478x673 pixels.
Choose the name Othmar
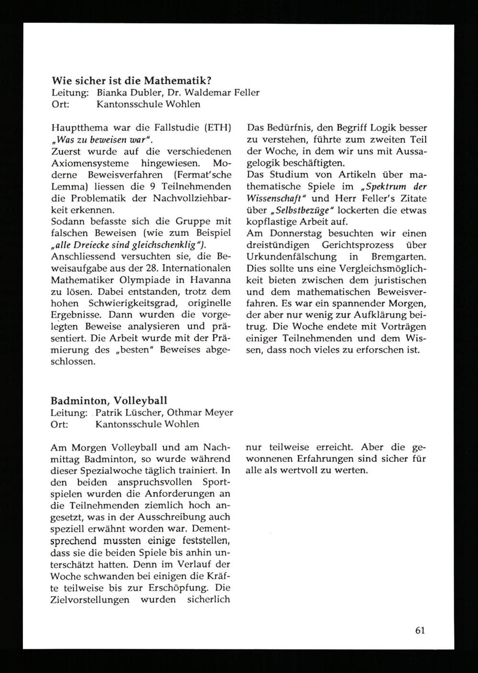[186, 413]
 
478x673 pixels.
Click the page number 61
[420, 630]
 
